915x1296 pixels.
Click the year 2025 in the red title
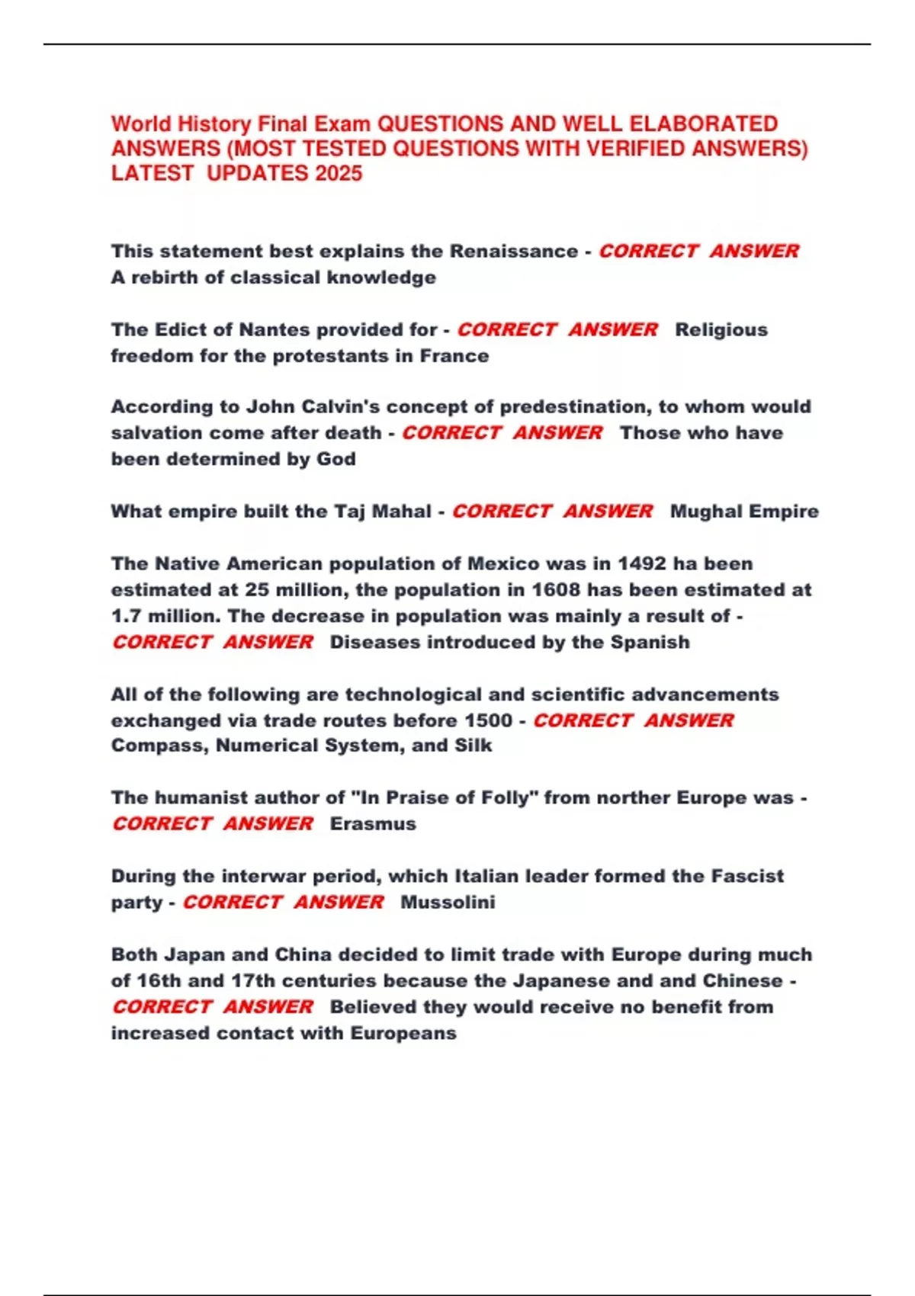coord(339,173)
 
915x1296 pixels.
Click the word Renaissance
coord(513,251)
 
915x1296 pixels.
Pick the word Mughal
coord(705,511)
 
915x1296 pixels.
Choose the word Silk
coord(473,745)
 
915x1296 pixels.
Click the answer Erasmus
coord(373,823)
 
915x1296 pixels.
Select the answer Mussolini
coord(448,902)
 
